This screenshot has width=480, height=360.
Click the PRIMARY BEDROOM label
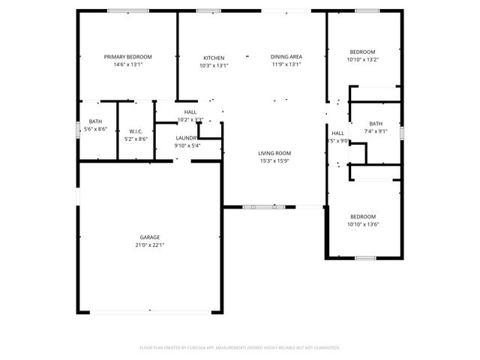(127, 57)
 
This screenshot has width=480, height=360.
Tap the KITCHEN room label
(214, 58)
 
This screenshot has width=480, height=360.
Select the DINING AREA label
(286, 57)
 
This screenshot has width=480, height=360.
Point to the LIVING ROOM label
(274, 152)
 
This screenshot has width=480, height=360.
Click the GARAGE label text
(148, 237)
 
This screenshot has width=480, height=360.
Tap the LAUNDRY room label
(186, 138)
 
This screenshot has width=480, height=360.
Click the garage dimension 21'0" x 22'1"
(148, 245)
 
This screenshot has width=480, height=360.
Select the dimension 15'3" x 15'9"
(274, 160)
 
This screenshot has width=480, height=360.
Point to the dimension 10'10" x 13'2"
(363, 60)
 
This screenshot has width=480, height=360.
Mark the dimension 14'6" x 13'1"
(127, 65)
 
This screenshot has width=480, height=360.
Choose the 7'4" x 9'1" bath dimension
(375, 132)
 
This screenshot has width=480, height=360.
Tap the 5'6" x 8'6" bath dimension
(97, 129)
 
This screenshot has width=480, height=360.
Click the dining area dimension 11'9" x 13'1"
(286, 65)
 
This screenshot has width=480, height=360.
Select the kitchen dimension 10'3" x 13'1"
(214, 66)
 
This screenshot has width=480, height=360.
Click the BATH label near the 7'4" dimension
(375, 124)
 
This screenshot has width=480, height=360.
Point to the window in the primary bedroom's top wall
(122, 10)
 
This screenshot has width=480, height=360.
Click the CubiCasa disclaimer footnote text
(240, 347)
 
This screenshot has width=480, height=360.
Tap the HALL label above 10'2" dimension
(190, 112)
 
